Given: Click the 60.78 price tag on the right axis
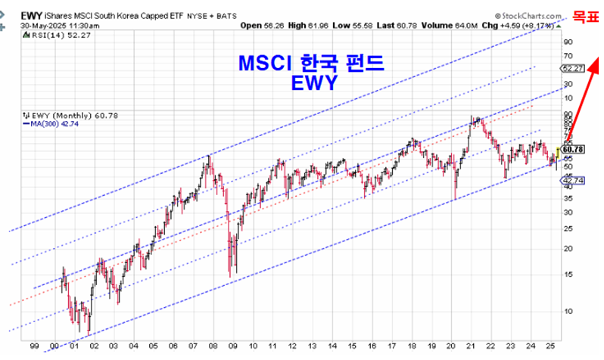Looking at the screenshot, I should click(574, 149).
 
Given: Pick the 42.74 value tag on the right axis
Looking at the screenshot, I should click(574, 180).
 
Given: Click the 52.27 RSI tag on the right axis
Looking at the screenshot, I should click(574, 68).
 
